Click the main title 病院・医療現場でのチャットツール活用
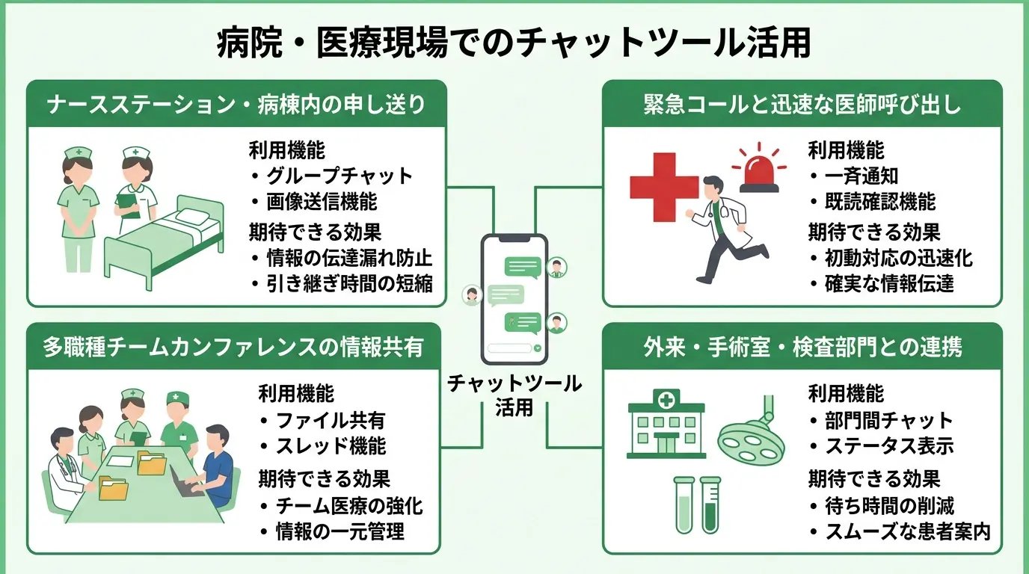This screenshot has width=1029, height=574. (514, 44)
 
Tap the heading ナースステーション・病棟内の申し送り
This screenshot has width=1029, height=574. (236, 104)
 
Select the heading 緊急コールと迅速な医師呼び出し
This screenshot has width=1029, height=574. (802, 104)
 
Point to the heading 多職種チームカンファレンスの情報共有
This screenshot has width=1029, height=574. (233, 347)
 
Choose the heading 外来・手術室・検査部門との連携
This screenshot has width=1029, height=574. (802, 347)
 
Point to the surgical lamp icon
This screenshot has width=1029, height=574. (750, 437)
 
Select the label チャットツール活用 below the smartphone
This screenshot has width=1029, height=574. (514, 395)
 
